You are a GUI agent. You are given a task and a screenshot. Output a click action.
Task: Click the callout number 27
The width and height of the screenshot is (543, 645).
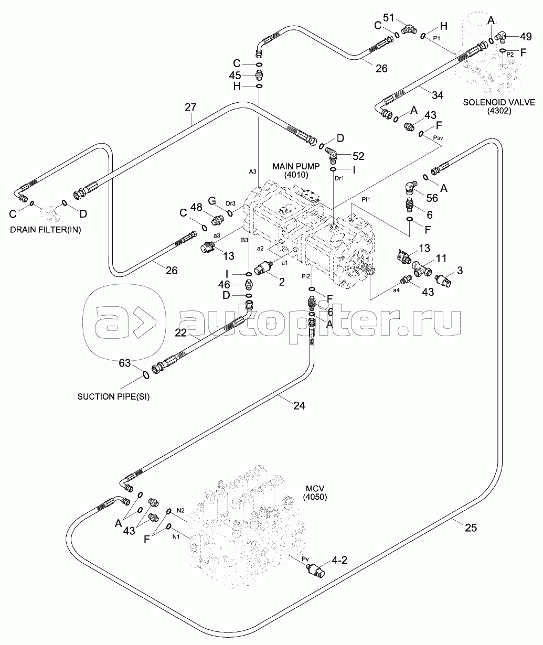[190, 107]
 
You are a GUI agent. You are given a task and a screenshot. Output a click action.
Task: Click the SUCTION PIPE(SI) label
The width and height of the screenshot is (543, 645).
[113, 396]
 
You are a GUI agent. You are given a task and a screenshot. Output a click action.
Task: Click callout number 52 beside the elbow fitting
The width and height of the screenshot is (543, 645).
[358, 156]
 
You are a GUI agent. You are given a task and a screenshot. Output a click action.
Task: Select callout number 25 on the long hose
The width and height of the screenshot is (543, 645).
[471, 528]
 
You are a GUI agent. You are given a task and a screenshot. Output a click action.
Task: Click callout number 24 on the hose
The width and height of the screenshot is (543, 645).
[299, 405]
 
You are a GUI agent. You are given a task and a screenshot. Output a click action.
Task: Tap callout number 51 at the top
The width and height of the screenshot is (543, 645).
[388, 18]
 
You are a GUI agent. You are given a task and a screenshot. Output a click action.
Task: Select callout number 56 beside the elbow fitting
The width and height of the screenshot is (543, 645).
[432, 198]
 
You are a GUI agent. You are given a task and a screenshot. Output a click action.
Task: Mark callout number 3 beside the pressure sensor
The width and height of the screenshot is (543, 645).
[459, 271]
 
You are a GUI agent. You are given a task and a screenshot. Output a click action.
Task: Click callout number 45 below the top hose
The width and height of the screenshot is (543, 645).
[235, 75]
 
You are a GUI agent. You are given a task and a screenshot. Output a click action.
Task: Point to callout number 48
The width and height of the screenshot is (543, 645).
[196, 208]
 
